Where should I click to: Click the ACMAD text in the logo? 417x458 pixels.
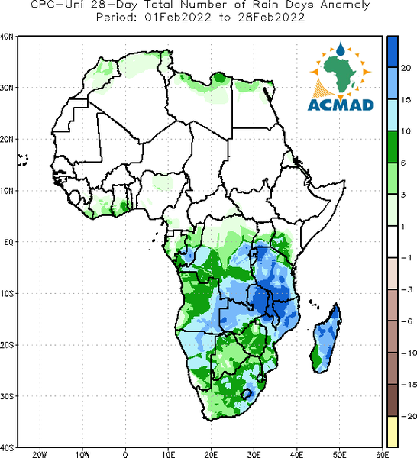tap(341, 105)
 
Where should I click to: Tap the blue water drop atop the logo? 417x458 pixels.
tap(340, 49)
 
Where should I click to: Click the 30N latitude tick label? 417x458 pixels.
tap(7, 88)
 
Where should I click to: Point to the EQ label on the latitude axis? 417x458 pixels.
tap(8, 242)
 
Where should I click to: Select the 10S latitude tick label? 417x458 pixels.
tap(7, 294)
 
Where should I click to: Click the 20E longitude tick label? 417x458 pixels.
tap(211, 454)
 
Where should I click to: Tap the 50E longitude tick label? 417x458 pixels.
tap(340, 454)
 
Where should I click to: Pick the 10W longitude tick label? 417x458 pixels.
tap(82, 454)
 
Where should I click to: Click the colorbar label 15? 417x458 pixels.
tap(406, 99)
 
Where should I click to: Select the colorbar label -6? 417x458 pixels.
tap(406, 321)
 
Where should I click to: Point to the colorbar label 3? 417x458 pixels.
tap(403, 195)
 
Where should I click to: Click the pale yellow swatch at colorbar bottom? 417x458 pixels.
tap(393, 431)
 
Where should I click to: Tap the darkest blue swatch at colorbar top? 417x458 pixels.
tap(393, 52)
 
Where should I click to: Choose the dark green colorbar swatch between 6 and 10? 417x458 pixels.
tap(393, 147)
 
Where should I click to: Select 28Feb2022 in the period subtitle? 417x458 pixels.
tap(271, 18)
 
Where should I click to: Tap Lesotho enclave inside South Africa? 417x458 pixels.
tap(247, 394)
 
